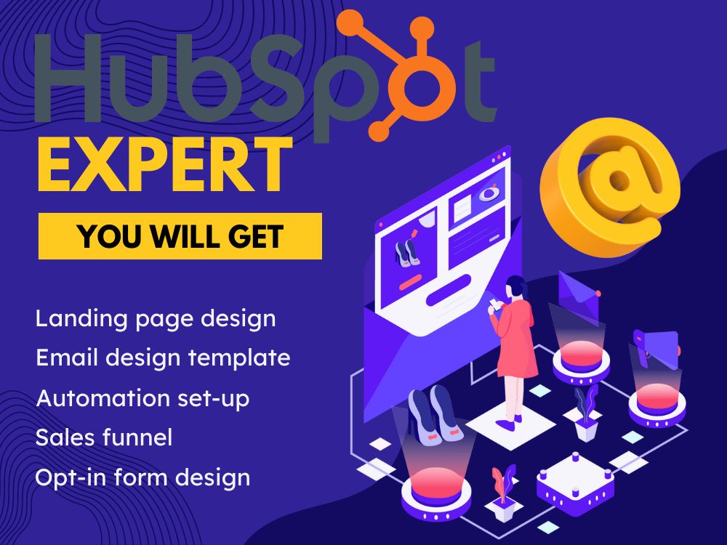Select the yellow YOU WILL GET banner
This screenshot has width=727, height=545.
click(x=180, y=236)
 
